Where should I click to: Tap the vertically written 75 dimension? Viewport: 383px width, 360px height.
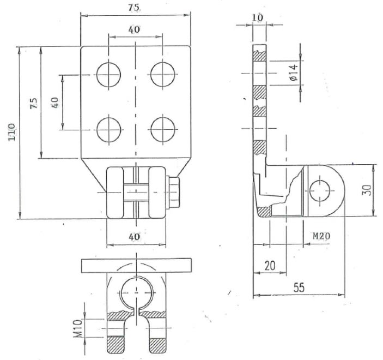tap(34, 103)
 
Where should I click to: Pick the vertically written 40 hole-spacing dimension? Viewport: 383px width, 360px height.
tap(54, 103)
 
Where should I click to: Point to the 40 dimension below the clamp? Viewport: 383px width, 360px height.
tap(135, 237)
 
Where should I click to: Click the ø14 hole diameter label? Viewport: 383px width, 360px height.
tap(293, 73)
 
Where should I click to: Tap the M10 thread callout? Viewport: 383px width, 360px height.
tap(78, 328)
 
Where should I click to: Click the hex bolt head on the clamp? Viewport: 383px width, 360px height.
tap(174, 192)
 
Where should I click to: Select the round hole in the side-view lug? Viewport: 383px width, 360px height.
tap(320, 191)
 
